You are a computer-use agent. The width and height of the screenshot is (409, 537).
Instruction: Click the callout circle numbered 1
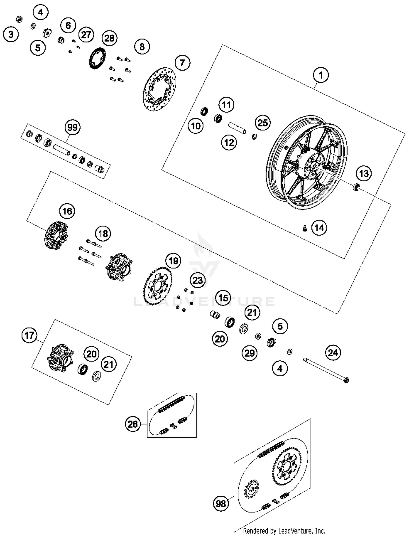click(x=321, y=75)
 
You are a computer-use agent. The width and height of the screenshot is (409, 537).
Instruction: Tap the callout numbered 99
click(x=72, y=127)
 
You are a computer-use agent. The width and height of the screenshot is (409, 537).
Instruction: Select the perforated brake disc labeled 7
click(x=160, y=89)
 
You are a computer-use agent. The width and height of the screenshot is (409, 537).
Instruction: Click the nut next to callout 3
click(x=19, y=19)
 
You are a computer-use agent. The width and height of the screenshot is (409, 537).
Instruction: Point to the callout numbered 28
click(x=109, y=38)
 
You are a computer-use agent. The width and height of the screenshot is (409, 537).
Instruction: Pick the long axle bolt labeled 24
click(x=326, y=370)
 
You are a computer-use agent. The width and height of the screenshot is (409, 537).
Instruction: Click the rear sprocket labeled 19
click(x=157, y=286)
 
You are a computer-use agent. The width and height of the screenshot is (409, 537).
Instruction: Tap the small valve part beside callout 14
click(x=305, y=228)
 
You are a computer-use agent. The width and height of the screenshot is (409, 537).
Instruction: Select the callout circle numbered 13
click(x=364, y=173)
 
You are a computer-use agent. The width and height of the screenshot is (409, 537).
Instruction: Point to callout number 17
click(x=29, y=335)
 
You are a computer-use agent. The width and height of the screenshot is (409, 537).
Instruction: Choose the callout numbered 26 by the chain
click(x=133, y=424)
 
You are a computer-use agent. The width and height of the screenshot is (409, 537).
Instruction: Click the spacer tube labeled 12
click(x=237, y=128)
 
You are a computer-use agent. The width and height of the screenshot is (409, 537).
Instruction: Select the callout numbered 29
click(x=249, y=353)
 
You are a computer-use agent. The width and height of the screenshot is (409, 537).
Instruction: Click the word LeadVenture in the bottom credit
click(x=295, y=531)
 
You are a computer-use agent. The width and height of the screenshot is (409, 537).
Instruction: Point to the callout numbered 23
click(x=198, y=280)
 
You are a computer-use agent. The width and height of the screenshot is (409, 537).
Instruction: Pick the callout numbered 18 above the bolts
click(x=103, y=234)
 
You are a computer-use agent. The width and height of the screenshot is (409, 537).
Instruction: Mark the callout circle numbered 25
click(x=263, y=123)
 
